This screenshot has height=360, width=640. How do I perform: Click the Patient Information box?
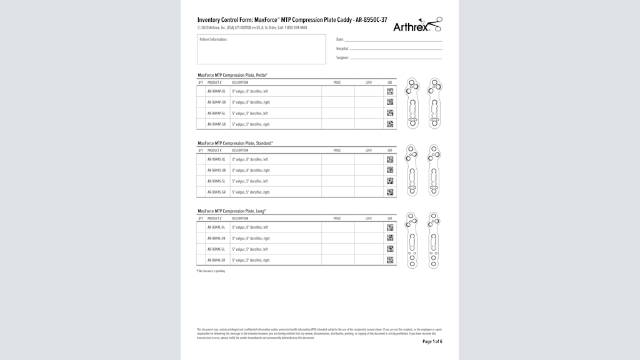[x=261, y=49]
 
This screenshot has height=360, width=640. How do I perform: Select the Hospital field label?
[x=342, y=49]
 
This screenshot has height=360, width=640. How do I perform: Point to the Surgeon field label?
[x=342, y=57]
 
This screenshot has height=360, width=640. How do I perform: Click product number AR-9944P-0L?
[x=216, y=91]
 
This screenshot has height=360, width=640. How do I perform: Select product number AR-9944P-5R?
[x=216, y=124]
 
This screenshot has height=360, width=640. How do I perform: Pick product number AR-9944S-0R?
[x=216, y=170]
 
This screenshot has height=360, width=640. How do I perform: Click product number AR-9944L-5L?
[x=216, y=249]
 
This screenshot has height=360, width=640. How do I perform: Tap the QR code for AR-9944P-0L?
[x=390, y=91]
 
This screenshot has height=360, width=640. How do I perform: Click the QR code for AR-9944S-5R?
[x=390, y=192]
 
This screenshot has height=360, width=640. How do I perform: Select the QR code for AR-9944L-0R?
[x=390, y=238]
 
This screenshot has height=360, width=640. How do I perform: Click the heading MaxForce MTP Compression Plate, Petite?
[x=232, y=75]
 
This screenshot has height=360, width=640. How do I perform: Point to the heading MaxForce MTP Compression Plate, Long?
[x=231, y=211]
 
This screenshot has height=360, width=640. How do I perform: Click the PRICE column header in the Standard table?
[x=337, y=151]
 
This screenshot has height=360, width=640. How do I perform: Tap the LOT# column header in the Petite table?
[x=369, y=82]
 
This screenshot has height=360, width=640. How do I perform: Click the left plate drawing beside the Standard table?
[x=412, y=171]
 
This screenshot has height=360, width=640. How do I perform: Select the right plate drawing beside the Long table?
[x=434, y=240]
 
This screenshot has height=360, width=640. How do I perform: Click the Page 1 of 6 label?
[x=432, y=342]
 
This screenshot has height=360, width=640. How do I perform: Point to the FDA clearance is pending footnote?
[x=211, y=271]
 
